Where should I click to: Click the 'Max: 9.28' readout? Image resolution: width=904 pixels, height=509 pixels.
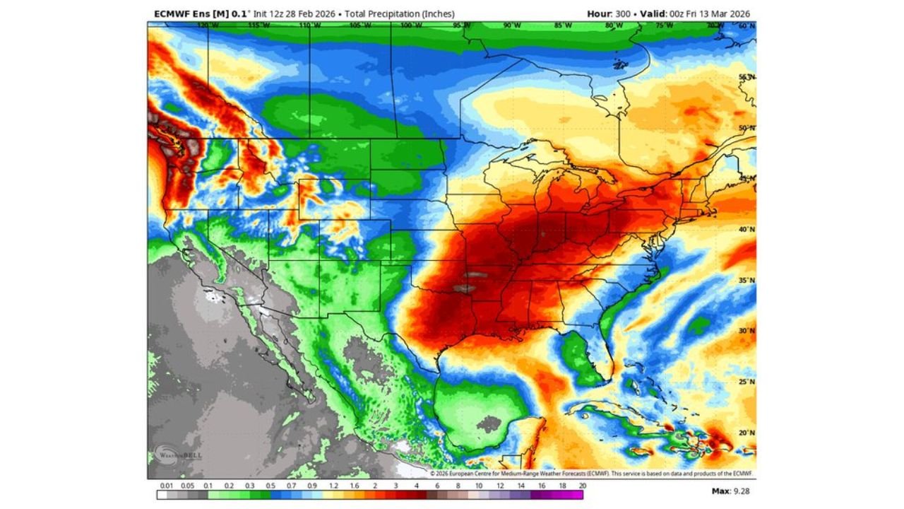point(731,491)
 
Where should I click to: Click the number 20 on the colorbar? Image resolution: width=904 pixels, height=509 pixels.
point(582,486)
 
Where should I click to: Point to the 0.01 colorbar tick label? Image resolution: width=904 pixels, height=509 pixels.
point(167,486)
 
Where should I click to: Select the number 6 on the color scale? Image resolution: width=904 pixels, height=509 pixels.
point(437,486)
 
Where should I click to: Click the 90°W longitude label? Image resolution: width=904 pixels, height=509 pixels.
point(512,25)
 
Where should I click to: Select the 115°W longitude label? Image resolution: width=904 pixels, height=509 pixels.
point(258,25)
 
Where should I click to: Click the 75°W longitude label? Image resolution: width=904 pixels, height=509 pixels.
point(665,25)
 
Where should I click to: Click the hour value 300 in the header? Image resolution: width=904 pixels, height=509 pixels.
point(623,13)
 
